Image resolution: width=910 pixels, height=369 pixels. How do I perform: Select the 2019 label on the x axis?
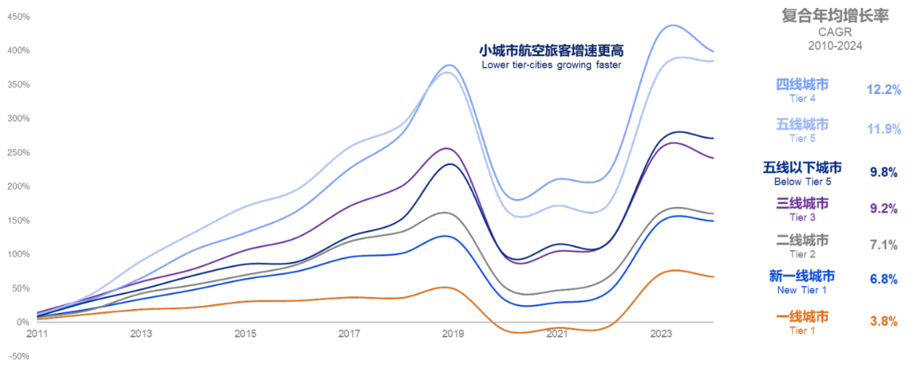point(453,334)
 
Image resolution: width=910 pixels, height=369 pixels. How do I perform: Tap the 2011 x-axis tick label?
point(37,334)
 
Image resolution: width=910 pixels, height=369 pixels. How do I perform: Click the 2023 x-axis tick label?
point(660,334)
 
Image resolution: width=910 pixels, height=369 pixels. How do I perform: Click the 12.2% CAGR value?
point(883,90)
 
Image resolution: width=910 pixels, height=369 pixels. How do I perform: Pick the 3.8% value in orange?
point(883,322)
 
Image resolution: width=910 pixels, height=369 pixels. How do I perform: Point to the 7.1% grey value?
point(883,246)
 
